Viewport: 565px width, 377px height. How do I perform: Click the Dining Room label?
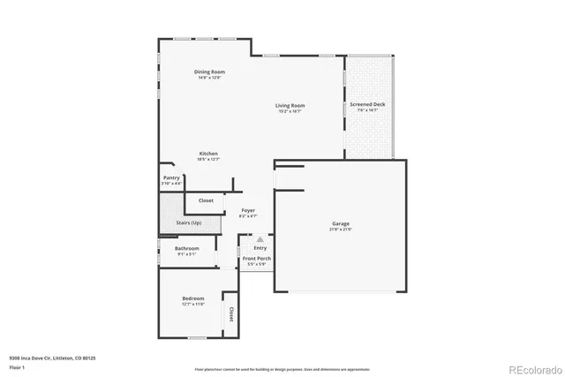tap(209, 72)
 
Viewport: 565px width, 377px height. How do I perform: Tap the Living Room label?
tap(290, 106)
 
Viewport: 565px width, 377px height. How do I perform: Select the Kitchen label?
tap(208, 154)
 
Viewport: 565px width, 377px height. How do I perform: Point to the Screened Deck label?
tap(367, 104)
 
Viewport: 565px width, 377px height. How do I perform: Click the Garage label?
tap(341, 224)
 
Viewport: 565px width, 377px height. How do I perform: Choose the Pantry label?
tap(172, 177)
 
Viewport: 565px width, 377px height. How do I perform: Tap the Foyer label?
tap(248, 210)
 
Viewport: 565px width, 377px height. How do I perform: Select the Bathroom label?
tap(186, 248)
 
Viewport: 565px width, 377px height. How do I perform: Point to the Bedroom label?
tap(193, 298)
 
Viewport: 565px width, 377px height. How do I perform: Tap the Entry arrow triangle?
tap(260, 238)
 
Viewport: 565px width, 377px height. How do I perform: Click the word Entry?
tap(260, 248)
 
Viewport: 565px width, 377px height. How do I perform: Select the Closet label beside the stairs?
tap(206, 200)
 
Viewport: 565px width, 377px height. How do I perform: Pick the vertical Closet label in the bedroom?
tap(231, 313)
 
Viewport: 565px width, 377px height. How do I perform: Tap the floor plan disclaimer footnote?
tap(282, 369)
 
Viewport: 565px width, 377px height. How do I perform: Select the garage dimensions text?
tap(341, 230)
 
